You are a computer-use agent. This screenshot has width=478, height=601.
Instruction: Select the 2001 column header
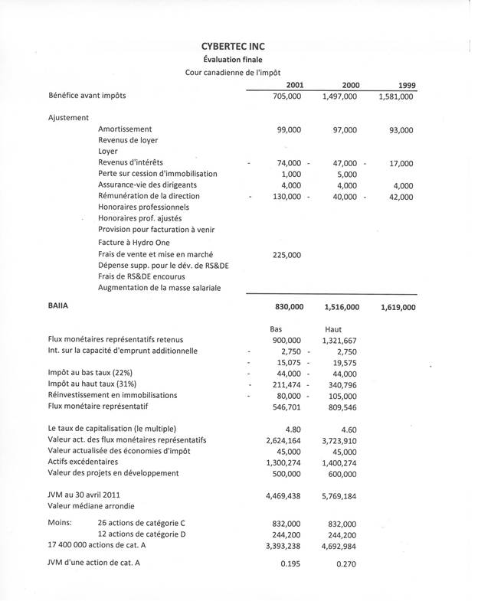point(293,84)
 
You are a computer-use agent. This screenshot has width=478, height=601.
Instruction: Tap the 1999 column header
point(403,84)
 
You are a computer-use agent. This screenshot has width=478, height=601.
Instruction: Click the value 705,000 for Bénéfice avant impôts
point(287,96)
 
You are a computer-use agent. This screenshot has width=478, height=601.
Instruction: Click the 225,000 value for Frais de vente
point(286,255)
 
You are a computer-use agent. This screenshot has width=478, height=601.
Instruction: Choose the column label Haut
point(333,328)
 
